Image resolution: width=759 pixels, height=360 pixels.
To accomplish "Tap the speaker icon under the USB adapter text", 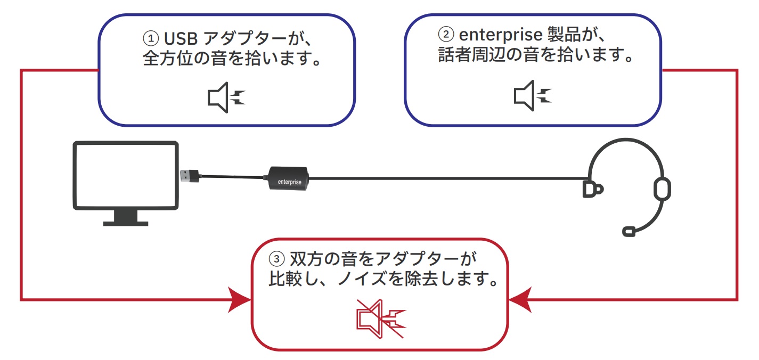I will coord(226,97).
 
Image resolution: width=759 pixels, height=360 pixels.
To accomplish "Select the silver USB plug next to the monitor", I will coord(187,175).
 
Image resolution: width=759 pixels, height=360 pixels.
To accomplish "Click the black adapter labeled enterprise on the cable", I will coord(288,180).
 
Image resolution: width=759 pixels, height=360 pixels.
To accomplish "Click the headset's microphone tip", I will coord(629,231).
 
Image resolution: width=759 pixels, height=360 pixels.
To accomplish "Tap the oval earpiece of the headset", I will coord(662,188).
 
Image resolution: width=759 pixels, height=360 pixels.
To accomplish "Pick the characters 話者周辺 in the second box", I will coord(471,55).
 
